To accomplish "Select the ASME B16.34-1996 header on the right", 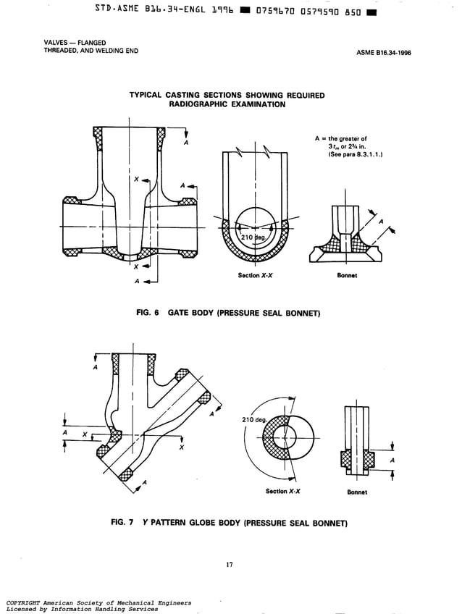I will tap(384, 53).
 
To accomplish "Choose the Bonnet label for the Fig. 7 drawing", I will tap(357, 492).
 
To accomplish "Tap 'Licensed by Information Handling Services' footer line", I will tap(81, 609).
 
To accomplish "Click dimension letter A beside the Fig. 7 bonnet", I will tap(392, 460).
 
